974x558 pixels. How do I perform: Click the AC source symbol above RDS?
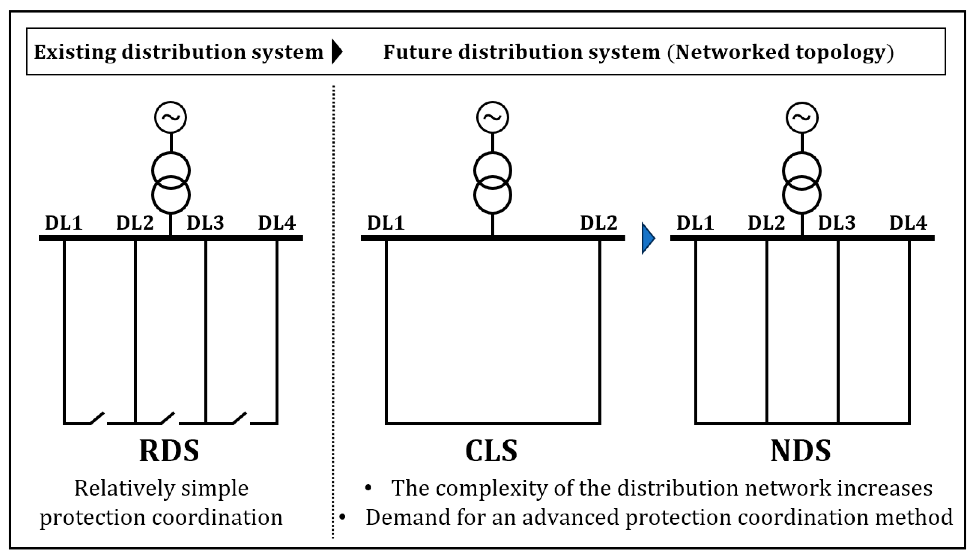(171, 117)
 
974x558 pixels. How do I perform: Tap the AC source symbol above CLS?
(493, 117)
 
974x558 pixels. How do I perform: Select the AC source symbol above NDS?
(802, 117)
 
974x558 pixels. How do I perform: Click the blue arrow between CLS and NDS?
(648, 238)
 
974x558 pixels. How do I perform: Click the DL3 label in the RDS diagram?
(205, 223)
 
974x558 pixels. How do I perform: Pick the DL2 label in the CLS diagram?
(599, 223)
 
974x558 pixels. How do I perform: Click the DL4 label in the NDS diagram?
(908, 223)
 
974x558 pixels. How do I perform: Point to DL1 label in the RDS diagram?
(64, 223)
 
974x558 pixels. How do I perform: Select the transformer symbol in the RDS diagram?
(171, 183)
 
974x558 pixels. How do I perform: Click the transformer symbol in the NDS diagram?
(802, 183)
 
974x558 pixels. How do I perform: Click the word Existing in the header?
(74, 52)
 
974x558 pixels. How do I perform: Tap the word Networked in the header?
(732, 52)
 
